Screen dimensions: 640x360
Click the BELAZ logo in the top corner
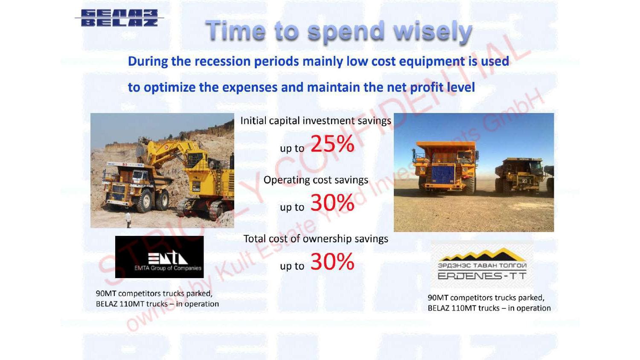tap(119, 18)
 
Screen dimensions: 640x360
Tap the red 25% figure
tap(332, 143)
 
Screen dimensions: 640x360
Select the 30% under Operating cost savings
tap(332, 203)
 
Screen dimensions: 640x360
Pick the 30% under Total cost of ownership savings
tap(332, 261)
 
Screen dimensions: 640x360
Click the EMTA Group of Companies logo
tap(160, 257)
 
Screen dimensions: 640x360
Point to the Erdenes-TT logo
tap(482, 264)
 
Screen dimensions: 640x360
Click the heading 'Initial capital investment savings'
tap(316, 121)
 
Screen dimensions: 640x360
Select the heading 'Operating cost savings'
tap(316, 180)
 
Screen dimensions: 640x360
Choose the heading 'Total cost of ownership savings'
tap(316, 239)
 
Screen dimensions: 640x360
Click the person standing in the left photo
tap(128, 220)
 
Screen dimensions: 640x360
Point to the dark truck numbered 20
tap(521, 176)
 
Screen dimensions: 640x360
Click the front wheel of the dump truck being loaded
tap(145, 201)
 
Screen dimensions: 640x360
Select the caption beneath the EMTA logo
tap(157, 299)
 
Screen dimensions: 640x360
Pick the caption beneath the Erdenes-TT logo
tap(489, 303)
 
